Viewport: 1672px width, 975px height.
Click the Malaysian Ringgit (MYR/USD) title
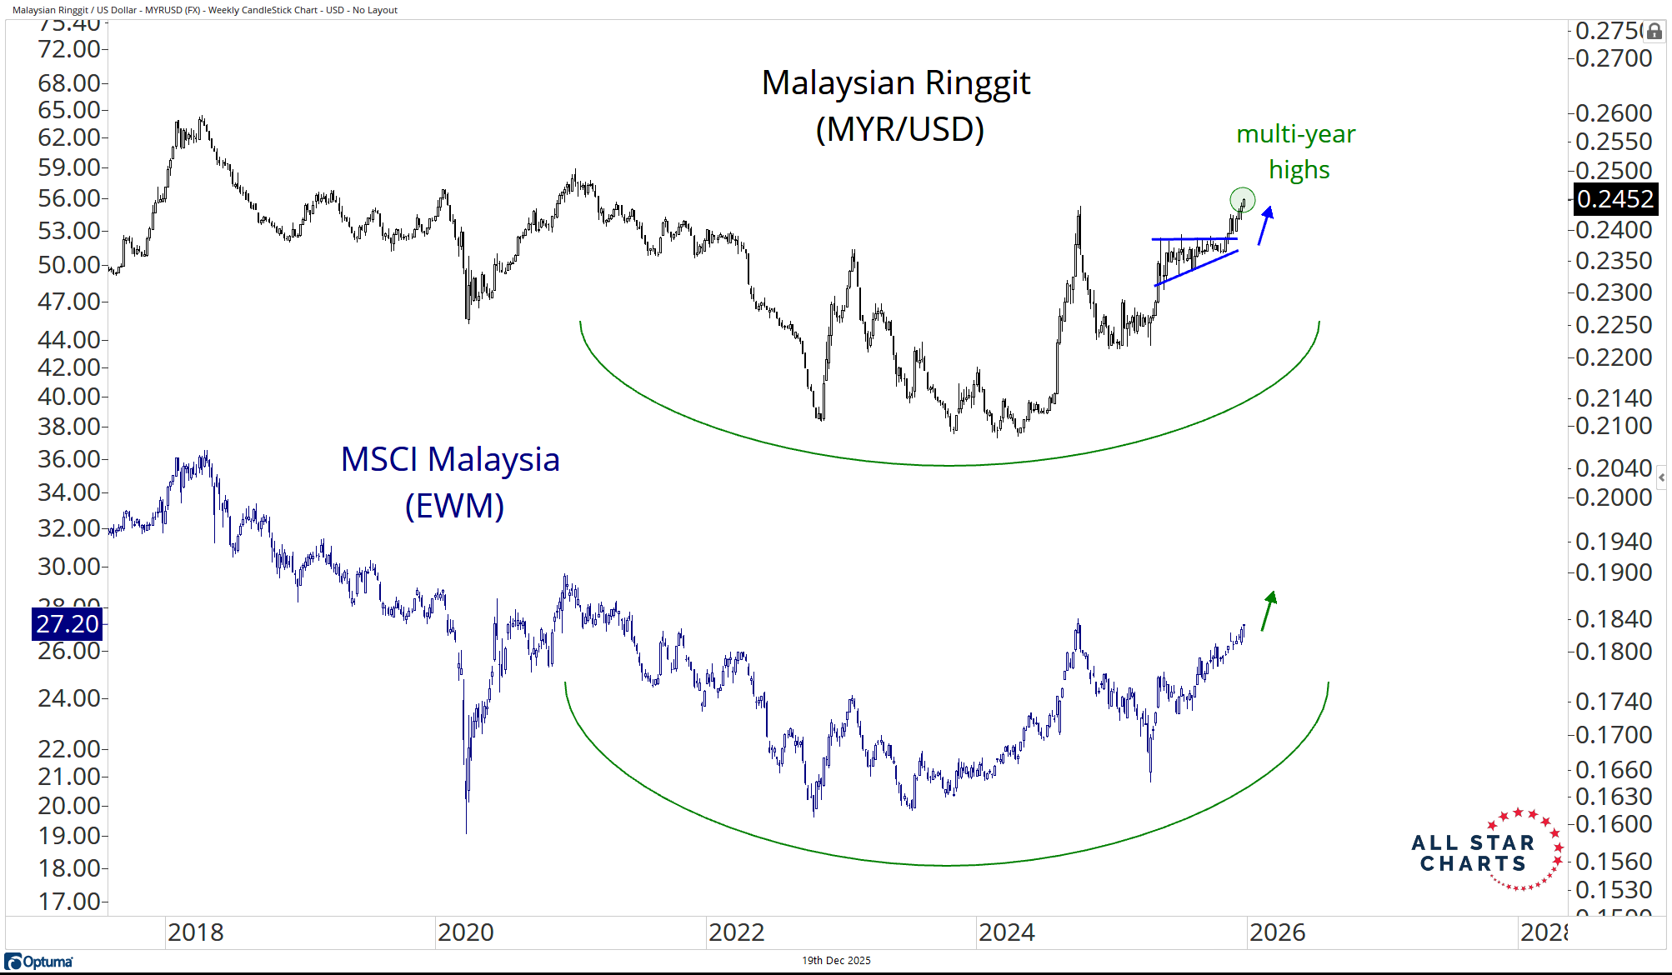(x=897, y=105)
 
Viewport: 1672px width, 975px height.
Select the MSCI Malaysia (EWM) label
(x=451, y=482)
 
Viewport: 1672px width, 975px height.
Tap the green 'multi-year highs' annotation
(x=1297, y=152)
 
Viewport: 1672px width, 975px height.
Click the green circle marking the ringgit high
(x=1242, y=200)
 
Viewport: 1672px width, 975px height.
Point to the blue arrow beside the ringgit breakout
(x=1265, y=225)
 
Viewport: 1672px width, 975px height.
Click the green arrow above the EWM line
(x=1269, y=610)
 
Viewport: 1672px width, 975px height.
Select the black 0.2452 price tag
(x=1614, y=199)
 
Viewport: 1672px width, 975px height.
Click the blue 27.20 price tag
(x=67, y=623)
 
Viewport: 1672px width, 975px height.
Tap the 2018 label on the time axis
(x=195, y=932)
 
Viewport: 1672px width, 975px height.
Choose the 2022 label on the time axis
(x=736, y=932)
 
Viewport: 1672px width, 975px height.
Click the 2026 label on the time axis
(x=1277, y=932)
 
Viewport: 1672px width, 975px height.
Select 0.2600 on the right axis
(x=1614, y=112)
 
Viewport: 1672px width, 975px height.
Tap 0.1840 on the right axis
(x=1614, y=619)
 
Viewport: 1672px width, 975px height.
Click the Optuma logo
(x=39, y=962)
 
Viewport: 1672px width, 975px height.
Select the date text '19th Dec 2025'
(x=836, y=961)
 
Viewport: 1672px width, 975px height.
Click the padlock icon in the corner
(x=1654, y=32)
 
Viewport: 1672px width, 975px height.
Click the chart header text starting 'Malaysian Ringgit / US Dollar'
(x=205, y=10)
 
